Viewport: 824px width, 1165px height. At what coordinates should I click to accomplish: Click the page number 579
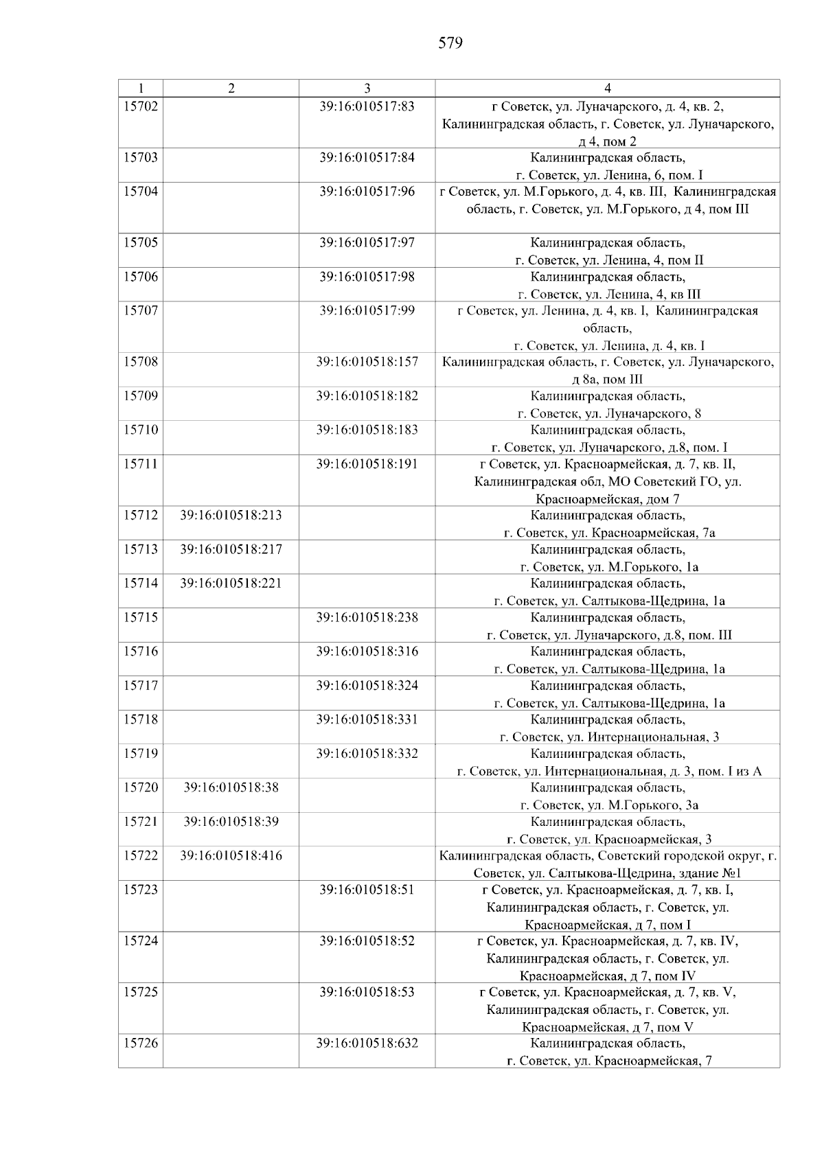pyautogui.click(x=450, y=44)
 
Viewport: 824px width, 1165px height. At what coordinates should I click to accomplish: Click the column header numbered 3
pyautogui.click(x=367, y=88)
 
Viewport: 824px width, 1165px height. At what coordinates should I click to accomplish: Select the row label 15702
pyautogui.click(x=141, y=106)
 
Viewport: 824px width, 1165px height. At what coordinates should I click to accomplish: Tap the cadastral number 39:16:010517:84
pyautogui.click(x=367, y=157)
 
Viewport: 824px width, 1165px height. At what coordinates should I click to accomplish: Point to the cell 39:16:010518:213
pyautogui.click(x=231, y=515)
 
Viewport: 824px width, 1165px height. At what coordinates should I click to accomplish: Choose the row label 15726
pyautogui.click(x=141, y=1043)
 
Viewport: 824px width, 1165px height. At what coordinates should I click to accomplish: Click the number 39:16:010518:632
pyautogui.click(x=367, y=1043)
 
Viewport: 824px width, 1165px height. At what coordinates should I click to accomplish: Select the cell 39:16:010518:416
pyautogui.click(x=231, y=855)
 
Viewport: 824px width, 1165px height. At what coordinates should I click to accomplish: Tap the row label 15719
pyautogui.click(x=141, y=753)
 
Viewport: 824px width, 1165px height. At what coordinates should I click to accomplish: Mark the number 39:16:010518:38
pyautogui.click(x=231, y=787)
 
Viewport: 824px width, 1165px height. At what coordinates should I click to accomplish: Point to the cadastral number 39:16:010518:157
pyautogui.click(x=367, y=362)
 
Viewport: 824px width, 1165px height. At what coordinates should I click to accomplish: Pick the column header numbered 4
pyautogui.click(x=608, y=88)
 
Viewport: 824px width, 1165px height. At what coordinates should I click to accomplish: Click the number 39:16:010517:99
pyautogui.click(x=367, y=310)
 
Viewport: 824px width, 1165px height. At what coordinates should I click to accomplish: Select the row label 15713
pyautogui.click(x=141, y=549)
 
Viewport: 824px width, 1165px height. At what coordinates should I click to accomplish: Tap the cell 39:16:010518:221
pyautogui.click(x=231, y=583)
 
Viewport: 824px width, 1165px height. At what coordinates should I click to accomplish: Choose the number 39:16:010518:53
pyautogui.click(x=367, y=992)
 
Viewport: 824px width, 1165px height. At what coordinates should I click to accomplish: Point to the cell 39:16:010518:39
pyautogui.click(x=231, y=821)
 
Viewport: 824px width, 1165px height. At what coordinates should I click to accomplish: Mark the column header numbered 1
pyautogui.click(x=141, y=88)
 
